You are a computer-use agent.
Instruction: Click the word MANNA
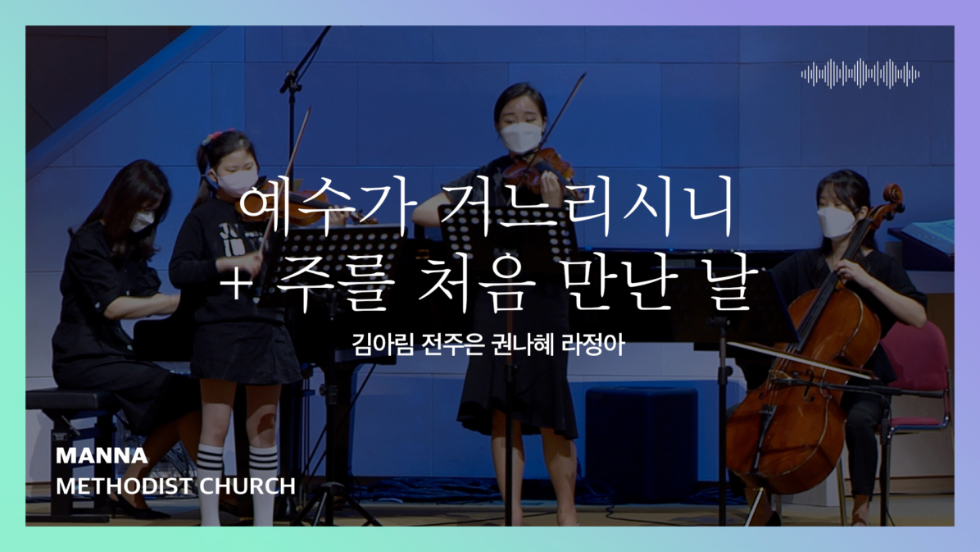tap(102, 455)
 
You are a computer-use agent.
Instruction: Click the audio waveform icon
tap(860, 74)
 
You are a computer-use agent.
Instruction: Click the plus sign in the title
tap(236, 283)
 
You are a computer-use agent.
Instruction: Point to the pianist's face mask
tap(143, 221)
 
